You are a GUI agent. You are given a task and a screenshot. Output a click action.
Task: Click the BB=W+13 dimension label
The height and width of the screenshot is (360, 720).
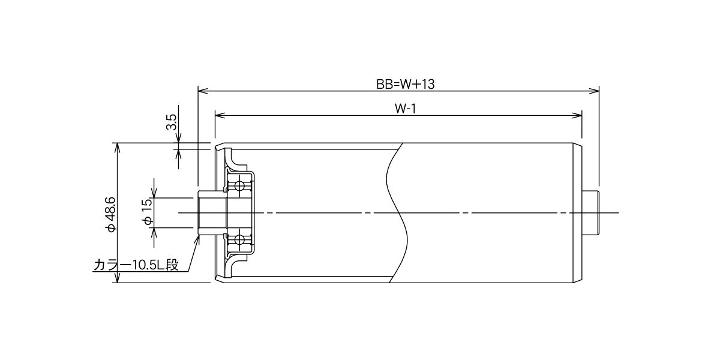tap(406, 84)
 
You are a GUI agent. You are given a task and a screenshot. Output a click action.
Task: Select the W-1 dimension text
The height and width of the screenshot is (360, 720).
tap(406, 109)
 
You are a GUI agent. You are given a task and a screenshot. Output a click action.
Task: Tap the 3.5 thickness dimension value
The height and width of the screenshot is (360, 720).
tap(172, 122)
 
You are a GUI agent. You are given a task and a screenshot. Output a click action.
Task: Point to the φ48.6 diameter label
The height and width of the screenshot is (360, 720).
tap(111, 214)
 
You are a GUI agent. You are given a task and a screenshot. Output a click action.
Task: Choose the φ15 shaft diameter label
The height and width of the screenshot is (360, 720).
tap(147, 212)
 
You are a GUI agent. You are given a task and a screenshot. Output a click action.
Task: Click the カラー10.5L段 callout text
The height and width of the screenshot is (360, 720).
tap(136, 265)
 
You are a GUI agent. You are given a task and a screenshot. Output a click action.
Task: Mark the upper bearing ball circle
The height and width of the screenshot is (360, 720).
tap(239, 186)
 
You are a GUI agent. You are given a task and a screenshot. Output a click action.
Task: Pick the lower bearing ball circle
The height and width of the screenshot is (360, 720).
tap(239, 239)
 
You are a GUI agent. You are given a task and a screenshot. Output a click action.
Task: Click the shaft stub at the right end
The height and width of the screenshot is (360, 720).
tap(590, 213)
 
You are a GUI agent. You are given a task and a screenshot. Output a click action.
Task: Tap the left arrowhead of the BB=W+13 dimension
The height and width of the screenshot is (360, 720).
tap(203, 91)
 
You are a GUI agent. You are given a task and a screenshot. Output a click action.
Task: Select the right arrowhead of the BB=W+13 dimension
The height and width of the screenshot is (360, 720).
tap(594, 91)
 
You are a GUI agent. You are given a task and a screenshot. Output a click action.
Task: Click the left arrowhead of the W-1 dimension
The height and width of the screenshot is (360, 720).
tap(220, 115)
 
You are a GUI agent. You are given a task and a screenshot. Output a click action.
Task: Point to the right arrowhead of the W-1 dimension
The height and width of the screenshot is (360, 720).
tap(577, 115)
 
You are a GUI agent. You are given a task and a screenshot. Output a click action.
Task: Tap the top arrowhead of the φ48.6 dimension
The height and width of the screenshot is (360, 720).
tap(118, 148)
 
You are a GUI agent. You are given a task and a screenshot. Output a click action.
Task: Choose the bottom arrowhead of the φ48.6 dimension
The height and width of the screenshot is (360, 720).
tap(118, 277)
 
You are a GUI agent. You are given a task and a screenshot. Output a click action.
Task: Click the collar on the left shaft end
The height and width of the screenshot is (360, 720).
tap(212, 213)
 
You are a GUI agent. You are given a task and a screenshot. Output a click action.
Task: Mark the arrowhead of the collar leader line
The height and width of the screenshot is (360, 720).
tap(197, 240)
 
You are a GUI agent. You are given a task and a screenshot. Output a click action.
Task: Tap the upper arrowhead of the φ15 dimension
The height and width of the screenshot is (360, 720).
tap(154, 193)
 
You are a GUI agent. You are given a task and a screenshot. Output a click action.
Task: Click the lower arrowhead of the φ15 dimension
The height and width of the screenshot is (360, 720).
tap(154, 233)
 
